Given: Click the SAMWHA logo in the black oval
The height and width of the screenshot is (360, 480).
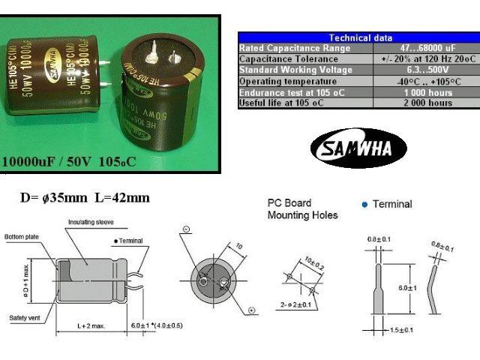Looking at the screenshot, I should point(358,148).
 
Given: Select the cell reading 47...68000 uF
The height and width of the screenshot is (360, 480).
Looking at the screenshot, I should point(425,48).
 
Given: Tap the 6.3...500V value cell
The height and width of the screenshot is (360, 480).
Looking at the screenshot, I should point(425,70).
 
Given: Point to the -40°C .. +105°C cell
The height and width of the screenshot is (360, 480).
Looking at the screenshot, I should point(425,81).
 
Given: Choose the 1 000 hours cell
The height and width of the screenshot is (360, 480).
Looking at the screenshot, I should point(425,92).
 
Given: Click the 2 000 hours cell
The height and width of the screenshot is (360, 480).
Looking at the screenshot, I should point(425,103).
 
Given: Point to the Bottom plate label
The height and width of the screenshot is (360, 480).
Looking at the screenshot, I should point(20,236).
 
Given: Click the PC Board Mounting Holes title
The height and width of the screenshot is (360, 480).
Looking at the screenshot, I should point(302,209).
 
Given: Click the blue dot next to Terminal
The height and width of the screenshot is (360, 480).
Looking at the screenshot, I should point(364,204).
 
